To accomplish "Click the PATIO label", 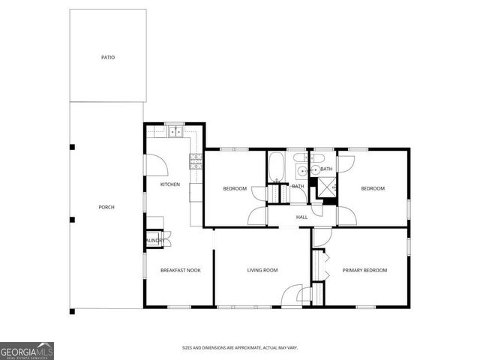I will click(109, 57).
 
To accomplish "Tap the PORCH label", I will click(106, 207).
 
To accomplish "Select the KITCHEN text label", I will click(170, 184).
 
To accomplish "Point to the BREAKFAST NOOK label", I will click(180, 270).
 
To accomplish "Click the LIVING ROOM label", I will click(262, 270).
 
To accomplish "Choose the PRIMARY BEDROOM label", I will click(364, 270).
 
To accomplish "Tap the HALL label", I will click(301, 217).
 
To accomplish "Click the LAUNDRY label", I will click(154, 241).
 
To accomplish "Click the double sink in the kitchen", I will click(175, 132).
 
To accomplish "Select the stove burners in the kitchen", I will click(196, 159).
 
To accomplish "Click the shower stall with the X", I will click(326, 187).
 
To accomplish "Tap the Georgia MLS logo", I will click(26, 350).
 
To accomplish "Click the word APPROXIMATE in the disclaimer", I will click(251, 348).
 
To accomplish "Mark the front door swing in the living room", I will click(292, 296).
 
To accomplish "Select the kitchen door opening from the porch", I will click(152, 163).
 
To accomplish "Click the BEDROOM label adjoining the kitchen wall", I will click(235, 188).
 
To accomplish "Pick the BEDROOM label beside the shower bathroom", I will click(373, 188).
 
